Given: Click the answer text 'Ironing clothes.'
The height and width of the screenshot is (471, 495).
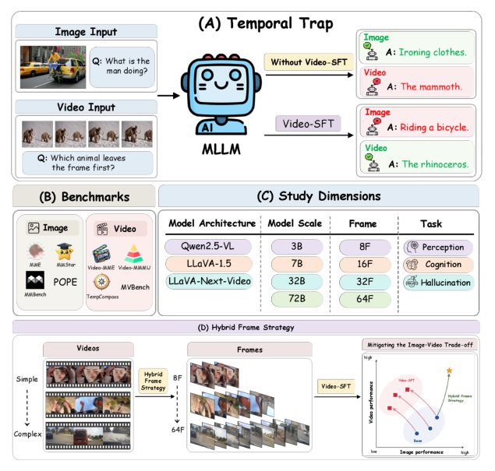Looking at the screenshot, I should click(431, 52).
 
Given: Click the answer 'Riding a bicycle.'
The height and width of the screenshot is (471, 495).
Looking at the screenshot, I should click(432, 126).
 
